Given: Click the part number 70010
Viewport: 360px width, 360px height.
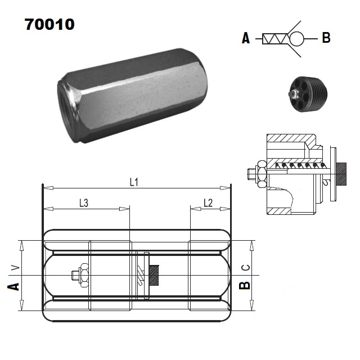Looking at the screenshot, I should (x=49, y=25).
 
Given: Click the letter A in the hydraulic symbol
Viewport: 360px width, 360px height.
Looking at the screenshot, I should (x=246, y=39).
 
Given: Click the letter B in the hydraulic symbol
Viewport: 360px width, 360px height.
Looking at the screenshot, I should (x=326, y=38).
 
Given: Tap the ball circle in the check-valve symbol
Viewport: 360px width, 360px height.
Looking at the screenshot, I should (x=296, y=38).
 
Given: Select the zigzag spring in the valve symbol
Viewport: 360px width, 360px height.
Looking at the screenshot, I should (x=276, y=39).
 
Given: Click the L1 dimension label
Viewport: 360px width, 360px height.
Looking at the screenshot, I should (x=134, y=182).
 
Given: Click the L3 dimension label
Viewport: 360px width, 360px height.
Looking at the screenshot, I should (x=84, y=203).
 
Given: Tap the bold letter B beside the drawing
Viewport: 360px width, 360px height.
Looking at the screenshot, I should (x=244, y=285).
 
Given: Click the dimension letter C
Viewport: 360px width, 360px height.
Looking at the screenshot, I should (x=244, y=267).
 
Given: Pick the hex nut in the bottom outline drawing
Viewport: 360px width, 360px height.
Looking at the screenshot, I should (x=80, y=275).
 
